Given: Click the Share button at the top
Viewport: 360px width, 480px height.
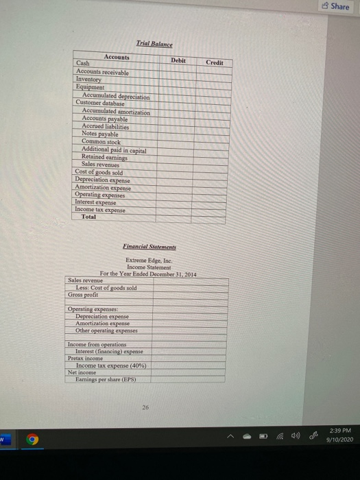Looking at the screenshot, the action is coord(335,6).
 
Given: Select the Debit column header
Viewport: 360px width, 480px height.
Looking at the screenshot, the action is coord(177,60).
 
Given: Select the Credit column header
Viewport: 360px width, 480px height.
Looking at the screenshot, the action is coord(215,62).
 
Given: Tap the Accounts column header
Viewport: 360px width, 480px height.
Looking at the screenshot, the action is coord(118,56).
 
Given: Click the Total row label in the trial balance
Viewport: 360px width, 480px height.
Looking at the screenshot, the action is coord(88,217).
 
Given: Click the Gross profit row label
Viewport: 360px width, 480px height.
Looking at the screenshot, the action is coord(84,295).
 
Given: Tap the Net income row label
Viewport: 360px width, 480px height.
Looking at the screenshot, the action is coord(82,372).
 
